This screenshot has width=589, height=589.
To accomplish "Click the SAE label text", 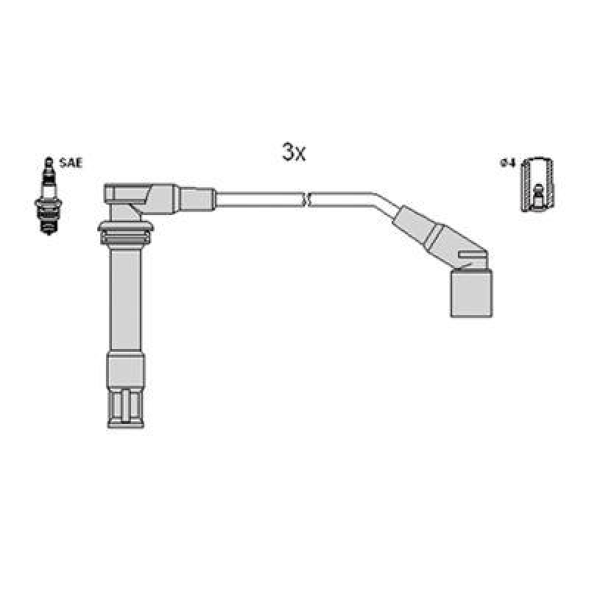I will point(71,163).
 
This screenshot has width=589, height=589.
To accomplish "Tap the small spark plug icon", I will point(49,199).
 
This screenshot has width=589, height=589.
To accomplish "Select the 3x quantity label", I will point(293,152).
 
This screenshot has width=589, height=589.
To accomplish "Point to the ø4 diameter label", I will point(507,163).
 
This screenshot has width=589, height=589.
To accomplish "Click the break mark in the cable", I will point(306,198).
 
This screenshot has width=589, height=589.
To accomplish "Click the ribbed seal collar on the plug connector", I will point(124,234).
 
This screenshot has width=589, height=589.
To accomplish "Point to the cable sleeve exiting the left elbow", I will point(197,198).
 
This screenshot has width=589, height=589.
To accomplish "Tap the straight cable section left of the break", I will point(258,198).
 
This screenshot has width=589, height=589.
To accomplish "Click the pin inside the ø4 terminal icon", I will point(537,193).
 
